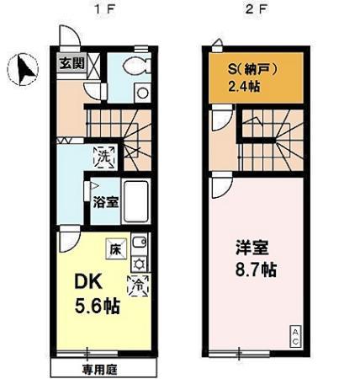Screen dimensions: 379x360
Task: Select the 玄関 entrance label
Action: click(71, 63)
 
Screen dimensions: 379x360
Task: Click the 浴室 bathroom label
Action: click(106, 201)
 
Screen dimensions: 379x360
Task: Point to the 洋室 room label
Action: click(249, 250)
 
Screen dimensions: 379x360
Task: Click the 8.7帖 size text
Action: click(255, 272)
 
